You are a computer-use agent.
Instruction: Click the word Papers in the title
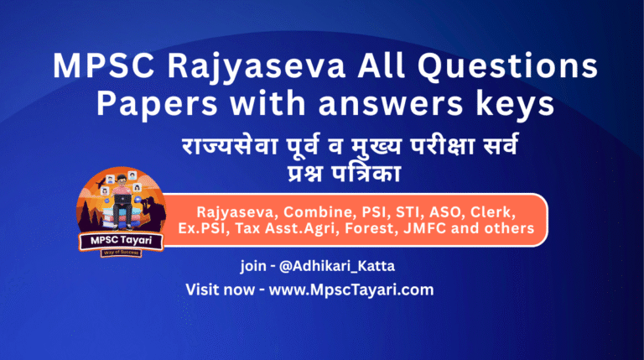[x=143, y=103]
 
